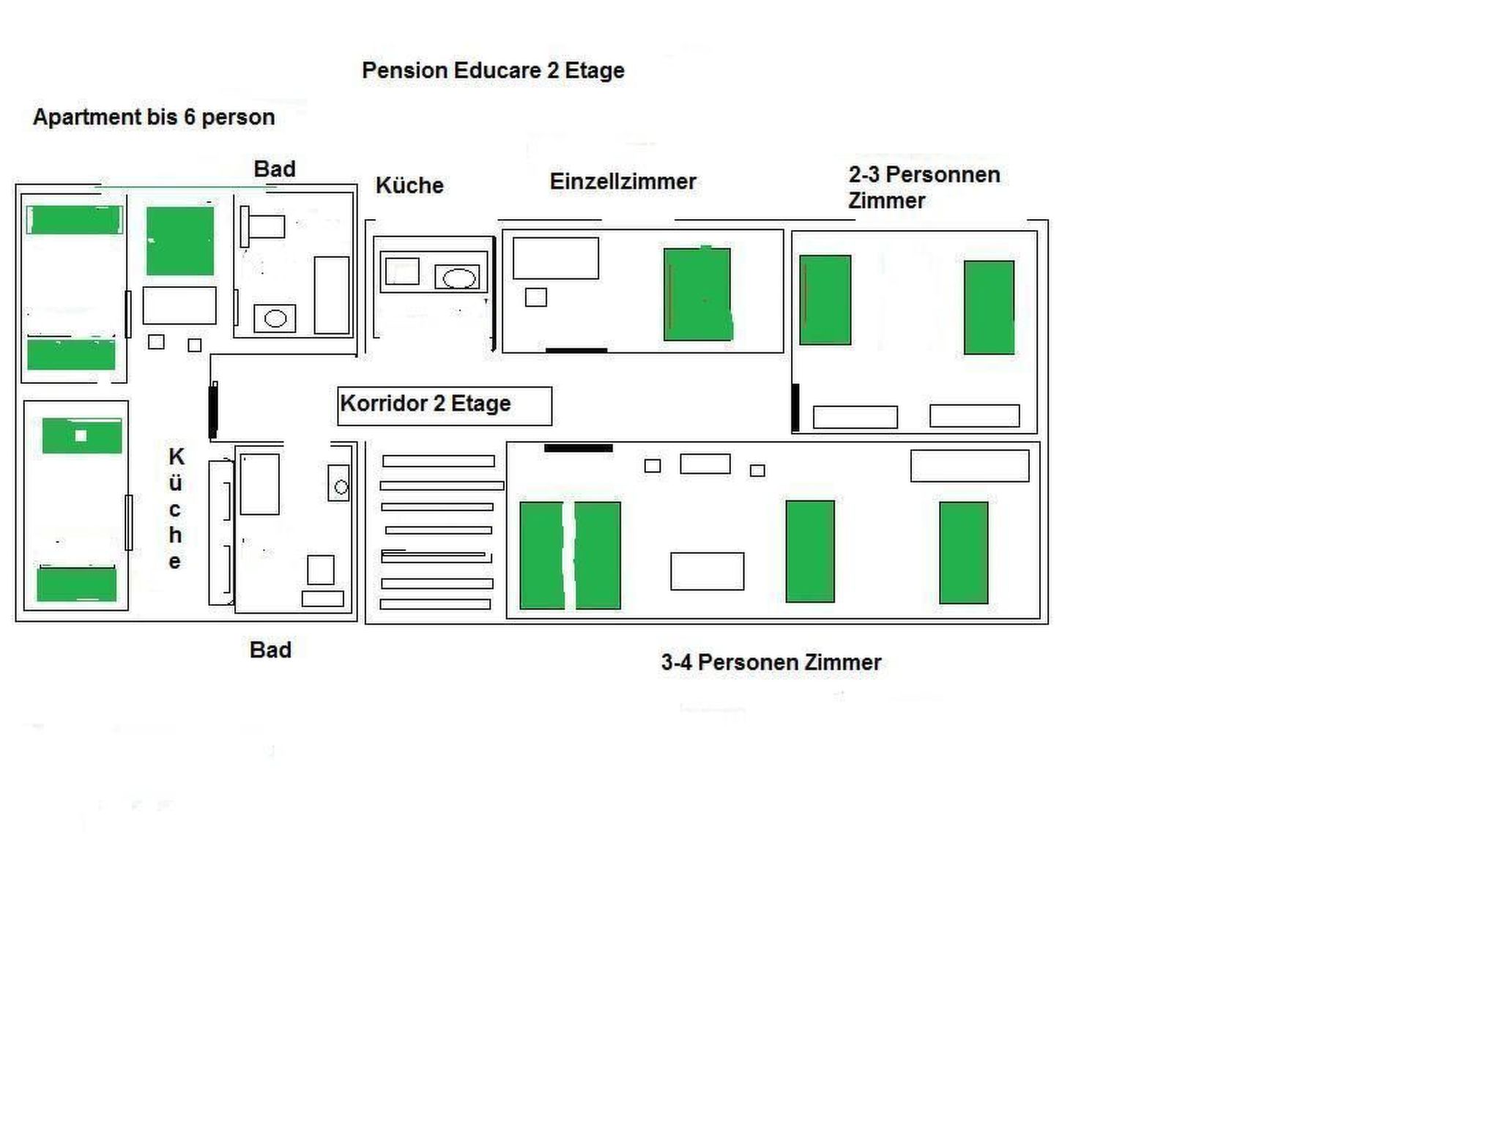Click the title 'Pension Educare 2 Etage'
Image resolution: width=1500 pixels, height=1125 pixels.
(x=493, y=70)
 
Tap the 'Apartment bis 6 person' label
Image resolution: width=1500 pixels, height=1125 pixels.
(x=154, y=117)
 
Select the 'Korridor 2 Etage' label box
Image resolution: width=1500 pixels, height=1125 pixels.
(x=444, y=405)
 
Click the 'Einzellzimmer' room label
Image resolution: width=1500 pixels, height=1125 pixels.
(x=623, y=182)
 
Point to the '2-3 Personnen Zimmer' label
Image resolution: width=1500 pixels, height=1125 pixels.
(x=924, y=187)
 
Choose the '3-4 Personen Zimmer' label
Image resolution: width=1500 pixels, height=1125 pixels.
(x=771, y=662)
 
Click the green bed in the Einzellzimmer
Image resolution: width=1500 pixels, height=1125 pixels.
(x=697, y=294)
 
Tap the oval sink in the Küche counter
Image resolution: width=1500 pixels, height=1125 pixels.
(x=459, y=278)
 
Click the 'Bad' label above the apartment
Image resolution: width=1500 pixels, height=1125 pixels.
(x=275, y=169)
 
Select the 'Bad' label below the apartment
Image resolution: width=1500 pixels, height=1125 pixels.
(x=270, y=650)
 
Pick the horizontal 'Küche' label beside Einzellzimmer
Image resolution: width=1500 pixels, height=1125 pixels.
(x=409, y=185)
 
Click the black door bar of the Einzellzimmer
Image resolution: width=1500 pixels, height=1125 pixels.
(x=576, y=351)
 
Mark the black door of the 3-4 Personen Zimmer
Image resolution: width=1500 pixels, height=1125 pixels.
(x=578, y=448)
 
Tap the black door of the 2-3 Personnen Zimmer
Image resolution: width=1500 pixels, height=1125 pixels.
(x=795, y=407)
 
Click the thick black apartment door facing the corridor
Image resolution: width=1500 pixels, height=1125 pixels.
(x=213, y=410)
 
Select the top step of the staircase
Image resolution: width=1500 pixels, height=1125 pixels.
(x=438, y=461)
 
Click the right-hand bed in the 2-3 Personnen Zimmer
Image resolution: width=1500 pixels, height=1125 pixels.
(x=989, y=308)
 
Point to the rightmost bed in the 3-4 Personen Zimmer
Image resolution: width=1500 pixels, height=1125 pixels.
(x=963, y=552)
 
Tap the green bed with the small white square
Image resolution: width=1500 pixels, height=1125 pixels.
(x=81, y=436)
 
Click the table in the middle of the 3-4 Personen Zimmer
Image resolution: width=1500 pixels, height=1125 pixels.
(x=707, y=571)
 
